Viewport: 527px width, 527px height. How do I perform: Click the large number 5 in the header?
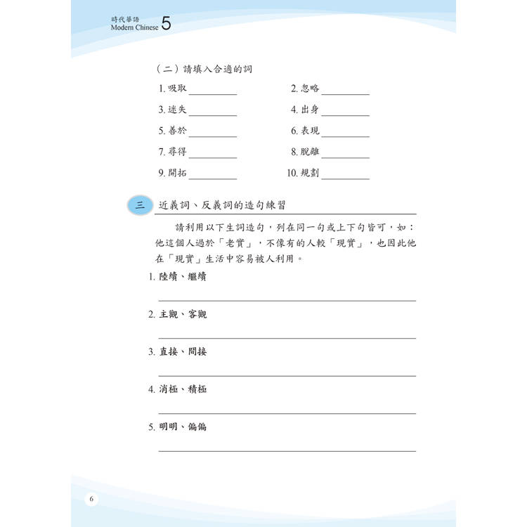pyautogui.click(x=166, y=25)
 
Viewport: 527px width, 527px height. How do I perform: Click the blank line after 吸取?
pyautogui.click(x=212, y=93)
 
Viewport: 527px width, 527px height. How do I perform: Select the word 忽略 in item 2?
pyautogui.click(x=310, y=89)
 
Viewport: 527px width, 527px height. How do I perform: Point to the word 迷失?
pyautogui.click(x=177, y=110)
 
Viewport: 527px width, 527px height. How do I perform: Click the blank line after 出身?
pyautogui.click(x=345, y=115)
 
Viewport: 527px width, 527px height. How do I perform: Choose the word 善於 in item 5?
pyautogui.click(x=177, y=131)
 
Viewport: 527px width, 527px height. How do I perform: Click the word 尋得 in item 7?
pyautogui.click(x=177, y=152)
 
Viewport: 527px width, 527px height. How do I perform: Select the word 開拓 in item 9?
pyautogui.click(x=177, y=173)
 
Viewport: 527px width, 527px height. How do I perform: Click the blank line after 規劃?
pyautogui.click(x=345, y=178)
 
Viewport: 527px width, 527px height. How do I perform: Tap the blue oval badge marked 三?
pyautogui.click(x=140, y=204)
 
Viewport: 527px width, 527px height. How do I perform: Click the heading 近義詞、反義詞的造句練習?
pyautogui.click(x=226, y=204)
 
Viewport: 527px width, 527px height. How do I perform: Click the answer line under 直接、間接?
pyautogui.click(x=287, y=375)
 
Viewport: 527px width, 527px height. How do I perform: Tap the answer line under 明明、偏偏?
pyautogui.click(x=287, y=450)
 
